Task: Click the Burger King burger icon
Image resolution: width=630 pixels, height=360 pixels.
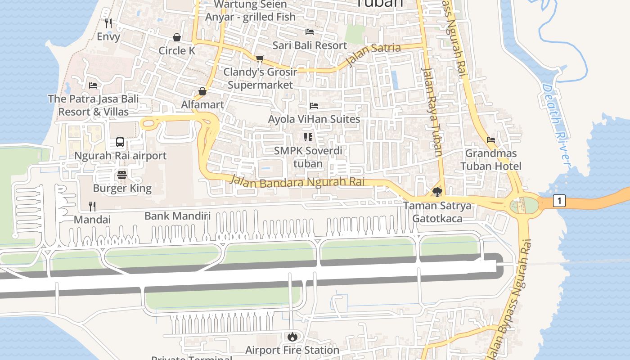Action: tap(122, 175)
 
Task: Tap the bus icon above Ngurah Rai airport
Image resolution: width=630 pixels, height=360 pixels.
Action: tap(120, 142)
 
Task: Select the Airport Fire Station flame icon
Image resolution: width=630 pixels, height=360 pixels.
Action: tap(292, 337)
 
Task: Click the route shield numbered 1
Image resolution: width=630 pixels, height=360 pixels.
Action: tap(559, 201)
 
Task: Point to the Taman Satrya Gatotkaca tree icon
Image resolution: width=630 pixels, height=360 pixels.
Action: tap(436, 193)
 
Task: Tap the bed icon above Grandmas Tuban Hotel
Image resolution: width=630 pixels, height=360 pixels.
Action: tap(491, 140)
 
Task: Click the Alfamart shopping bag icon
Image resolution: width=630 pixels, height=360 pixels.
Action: tap(202, 91)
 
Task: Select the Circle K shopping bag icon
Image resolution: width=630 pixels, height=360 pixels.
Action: tap(177, 37)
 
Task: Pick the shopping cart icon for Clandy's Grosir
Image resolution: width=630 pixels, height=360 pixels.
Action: tap(260, 58)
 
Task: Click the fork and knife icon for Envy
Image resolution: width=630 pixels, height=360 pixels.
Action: tap(108, 23)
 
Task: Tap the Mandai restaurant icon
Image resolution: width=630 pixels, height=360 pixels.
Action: tap(92, 207)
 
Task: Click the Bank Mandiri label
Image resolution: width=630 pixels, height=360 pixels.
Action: tap(177, 216)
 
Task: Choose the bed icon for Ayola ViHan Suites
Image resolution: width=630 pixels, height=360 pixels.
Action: tap(314, 106)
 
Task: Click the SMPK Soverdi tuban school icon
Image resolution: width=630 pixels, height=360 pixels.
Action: tap(308, 137)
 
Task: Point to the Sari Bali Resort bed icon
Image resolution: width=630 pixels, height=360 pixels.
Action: tap(310, 32)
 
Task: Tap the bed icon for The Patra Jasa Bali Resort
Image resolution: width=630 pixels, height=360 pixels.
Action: tap(93, 85)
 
